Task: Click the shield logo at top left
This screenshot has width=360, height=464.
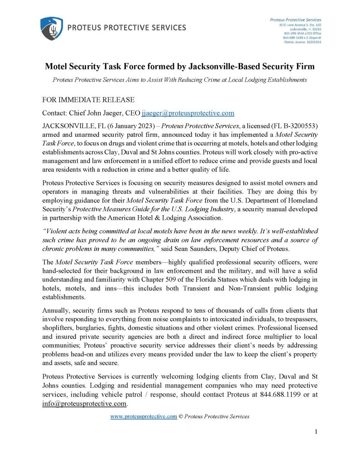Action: [x=51, y=28]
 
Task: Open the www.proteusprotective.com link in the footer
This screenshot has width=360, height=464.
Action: [x=144, y=416]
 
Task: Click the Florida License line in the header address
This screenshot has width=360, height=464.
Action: [x=302, y=42]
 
